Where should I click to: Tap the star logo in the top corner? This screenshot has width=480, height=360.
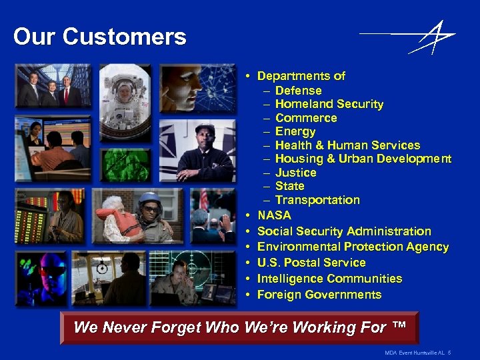coord(433,37)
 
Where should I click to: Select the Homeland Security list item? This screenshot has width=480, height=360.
coord(329,104)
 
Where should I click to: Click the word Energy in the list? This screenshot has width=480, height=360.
coord(295,131)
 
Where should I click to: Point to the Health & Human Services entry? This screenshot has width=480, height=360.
coord(347,145)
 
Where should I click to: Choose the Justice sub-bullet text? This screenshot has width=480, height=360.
coord(295,173)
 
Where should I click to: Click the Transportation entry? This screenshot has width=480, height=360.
coord(317,200)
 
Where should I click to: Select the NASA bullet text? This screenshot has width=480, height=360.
coord(274,215)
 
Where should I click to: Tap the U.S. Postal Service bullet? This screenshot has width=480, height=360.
coord(311,263)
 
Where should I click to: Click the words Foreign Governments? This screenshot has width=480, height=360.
coord(319,295)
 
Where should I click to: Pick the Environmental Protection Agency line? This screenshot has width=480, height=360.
coord(353,247)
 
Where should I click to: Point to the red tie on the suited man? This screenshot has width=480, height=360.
coord(66,95)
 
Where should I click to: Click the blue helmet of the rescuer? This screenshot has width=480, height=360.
coord(149,198)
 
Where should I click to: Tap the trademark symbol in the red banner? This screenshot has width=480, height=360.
coord(399,326)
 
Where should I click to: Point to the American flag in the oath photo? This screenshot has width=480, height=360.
coord(203,200)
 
